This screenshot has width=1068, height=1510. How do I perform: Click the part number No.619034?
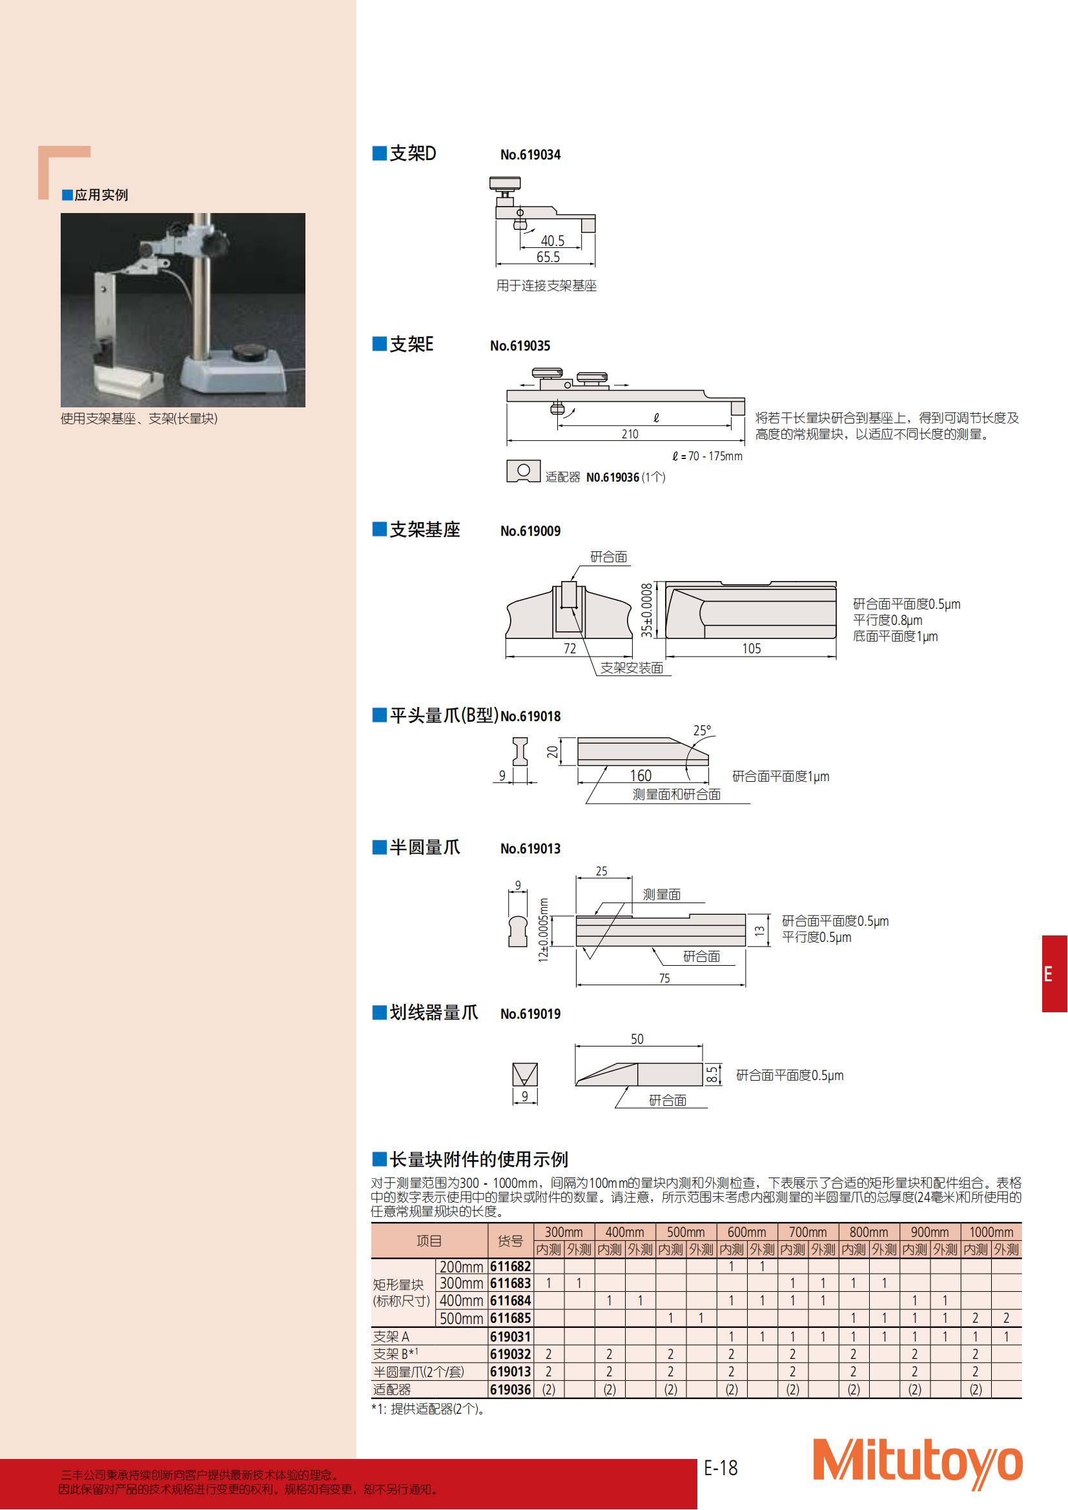pos(530,155)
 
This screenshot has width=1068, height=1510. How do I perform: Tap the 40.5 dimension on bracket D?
pos(553,241)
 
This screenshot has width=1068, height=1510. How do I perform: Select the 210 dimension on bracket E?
pos(630,434)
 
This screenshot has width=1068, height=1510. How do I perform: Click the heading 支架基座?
pos(425,530)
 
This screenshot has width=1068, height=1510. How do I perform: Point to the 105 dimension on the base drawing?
pos(752,648)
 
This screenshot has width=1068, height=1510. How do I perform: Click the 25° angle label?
pos(703,731)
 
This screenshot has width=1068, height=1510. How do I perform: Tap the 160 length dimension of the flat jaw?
pos(641,776)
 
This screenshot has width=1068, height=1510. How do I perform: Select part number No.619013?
pos(530,849)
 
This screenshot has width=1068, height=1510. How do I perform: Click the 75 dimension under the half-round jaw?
pos(664,979)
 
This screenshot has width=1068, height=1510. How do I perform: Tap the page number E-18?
pos(721,1468)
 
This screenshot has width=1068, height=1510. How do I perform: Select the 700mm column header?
pos(808,1232)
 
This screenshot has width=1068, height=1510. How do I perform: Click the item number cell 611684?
pos(510,1300)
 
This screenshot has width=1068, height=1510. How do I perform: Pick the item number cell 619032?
pos(510,1354)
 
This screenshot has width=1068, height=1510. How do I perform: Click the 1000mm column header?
pos(991,1232)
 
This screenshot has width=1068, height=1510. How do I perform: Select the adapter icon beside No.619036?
pos(524,471)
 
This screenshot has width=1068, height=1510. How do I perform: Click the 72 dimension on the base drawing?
pos(570,648)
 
